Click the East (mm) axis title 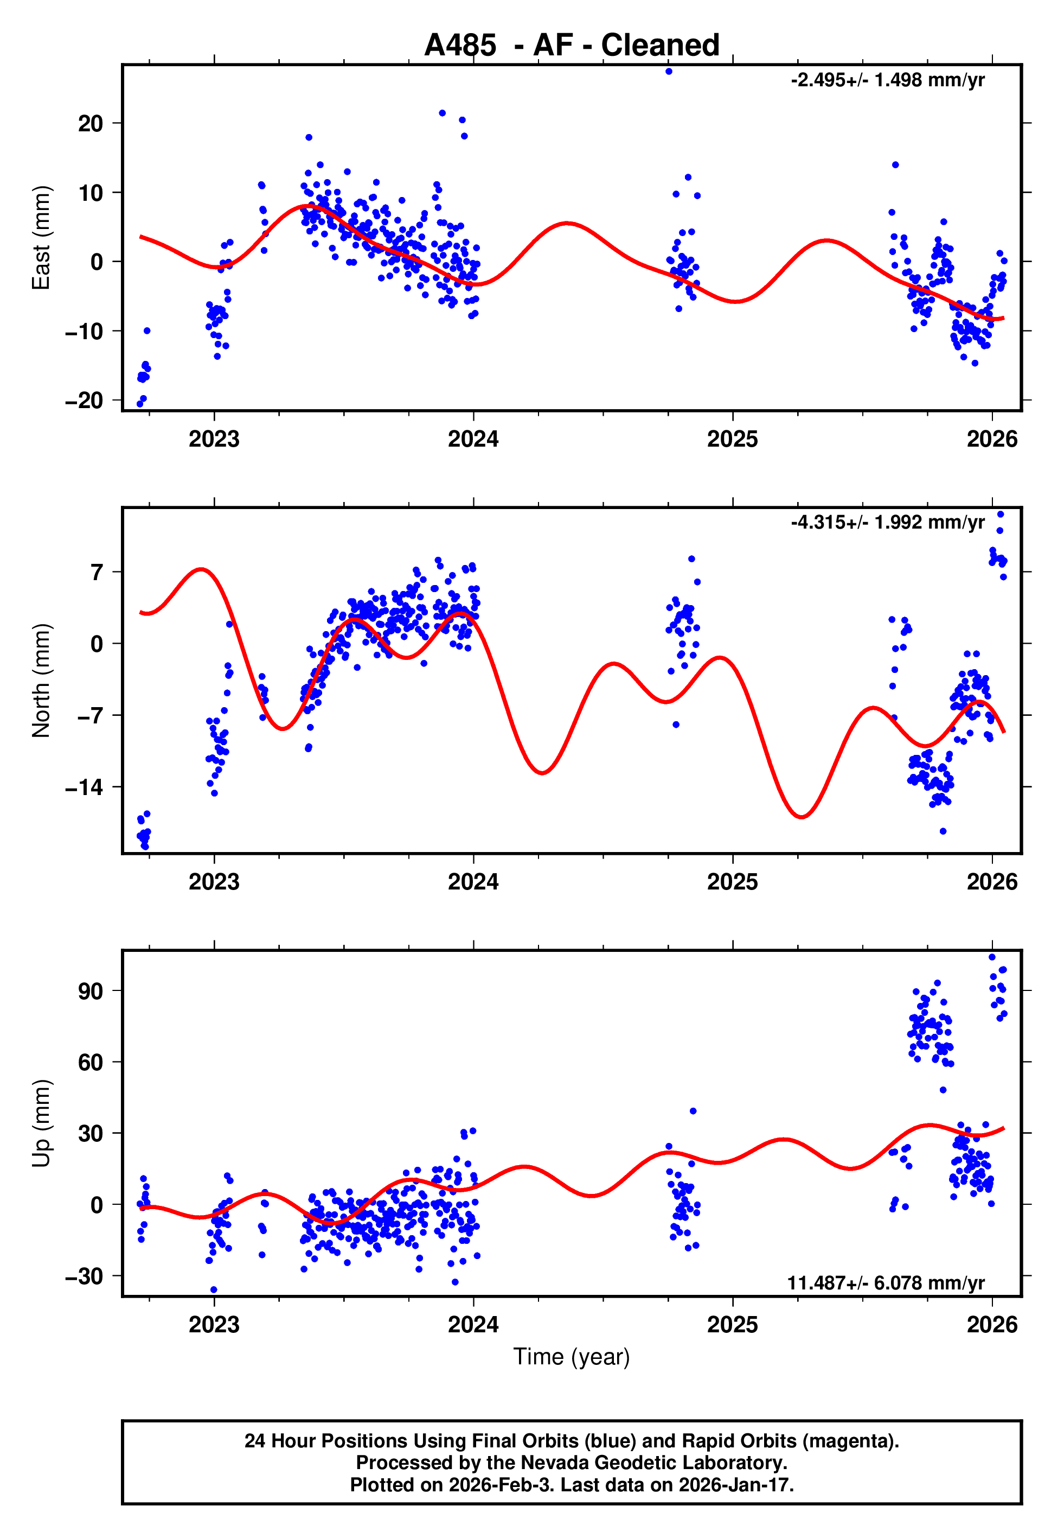point(41,238)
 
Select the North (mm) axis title point(41,681)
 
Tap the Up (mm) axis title point(41,1123)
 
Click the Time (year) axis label point(572,1357)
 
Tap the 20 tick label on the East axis point(91,123)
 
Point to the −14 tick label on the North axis point(84,787)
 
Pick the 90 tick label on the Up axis point(91,991)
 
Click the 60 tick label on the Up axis point(91,1063)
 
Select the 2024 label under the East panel point(473,440)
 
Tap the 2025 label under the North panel point(732,882)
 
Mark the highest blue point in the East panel point(669,71)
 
